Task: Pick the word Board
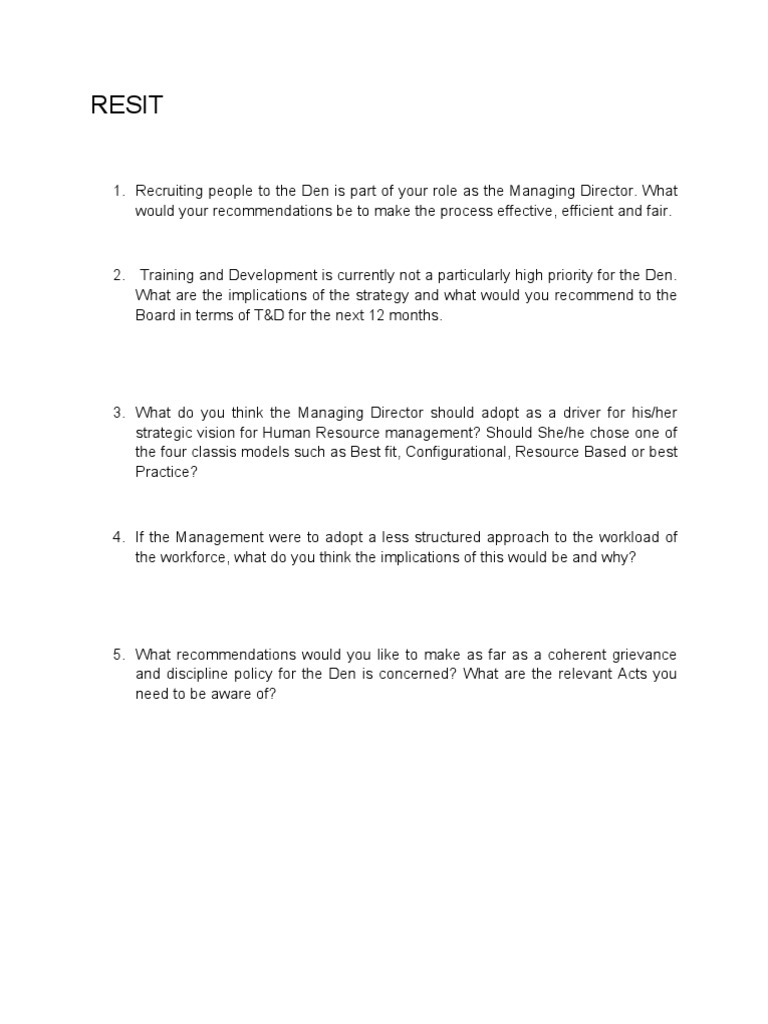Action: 155,315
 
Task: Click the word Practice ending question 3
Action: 167,473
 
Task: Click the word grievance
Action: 641,654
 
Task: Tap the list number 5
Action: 117,654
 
